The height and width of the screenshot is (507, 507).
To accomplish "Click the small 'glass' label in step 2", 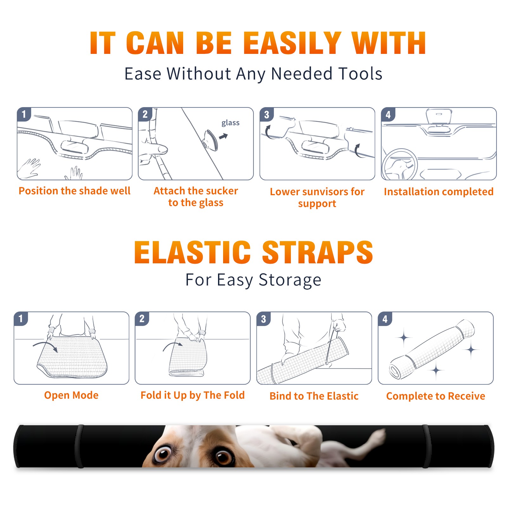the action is [x=230, y=123].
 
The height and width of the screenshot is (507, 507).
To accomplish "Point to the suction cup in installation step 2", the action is [x=210, y=140].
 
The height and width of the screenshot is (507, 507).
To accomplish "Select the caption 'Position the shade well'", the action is [x=74, y=191].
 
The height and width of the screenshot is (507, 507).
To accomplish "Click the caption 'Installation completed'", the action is [x=439, y=191].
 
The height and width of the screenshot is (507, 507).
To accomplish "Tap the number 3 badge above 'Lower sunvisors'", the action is [x=266, y=114].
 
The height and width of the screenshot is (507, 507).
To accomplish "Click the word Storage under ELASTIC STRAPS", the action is [x=290, y=280].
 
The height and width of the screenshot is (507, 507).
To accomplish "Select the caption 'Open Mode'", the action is [x=71, y=395].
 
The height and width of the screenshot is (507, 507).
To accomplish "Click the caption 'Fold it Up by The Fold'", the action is [x=193, y=395].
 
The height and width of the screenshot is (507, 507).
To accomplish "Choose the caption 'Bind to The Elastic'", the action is [x=314, y=396].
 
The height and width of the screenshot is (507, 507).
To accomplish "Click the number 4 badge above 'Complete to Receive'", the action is [x=385, y=319].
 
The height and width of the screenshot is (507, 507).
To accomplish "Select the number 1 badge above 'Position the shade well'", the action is [x=24, y=114].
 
